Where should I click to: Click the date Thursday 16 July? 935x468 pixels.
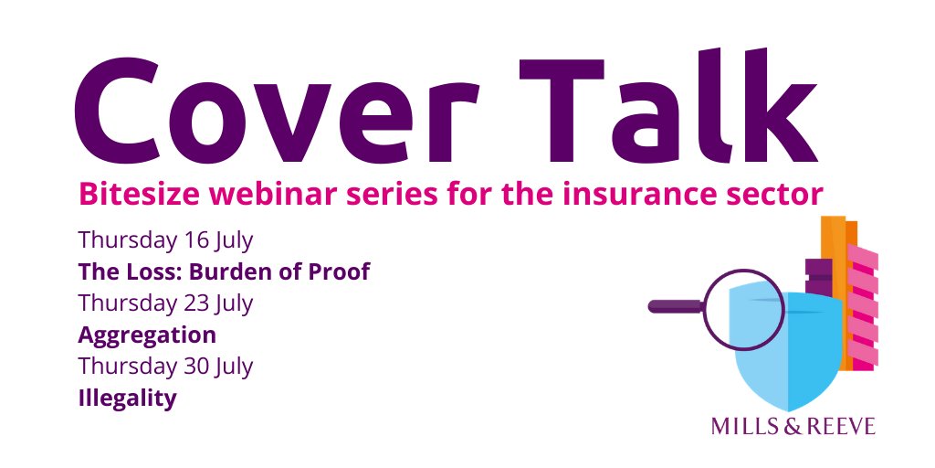tap(165, 241)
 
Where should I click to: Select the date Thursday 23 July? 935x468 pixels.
tap(165, 303)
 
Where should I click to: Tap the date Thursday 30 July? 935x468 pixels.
tap(165, 367)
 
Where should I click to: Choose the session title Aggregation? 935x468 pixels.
tap(147, 335)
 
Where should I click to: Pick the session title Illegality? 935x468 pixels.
tap(127, 399)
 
